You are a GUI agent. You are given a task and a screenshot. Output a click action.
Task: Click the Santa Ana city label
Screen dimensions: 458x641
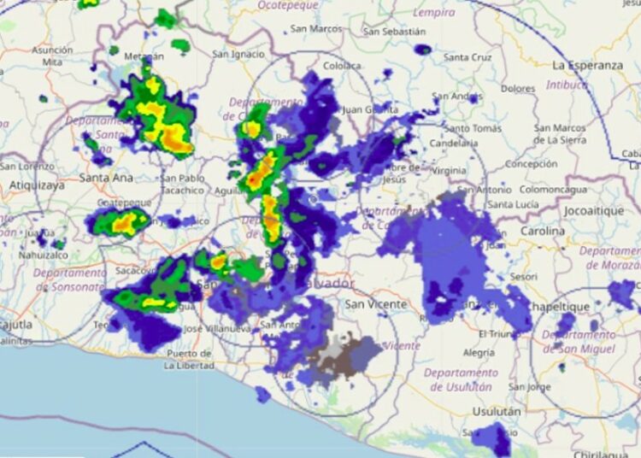pos(106,178)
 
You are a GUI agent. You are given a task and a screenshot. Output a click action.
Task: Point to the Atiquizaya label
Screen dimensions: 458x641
pos(37,185)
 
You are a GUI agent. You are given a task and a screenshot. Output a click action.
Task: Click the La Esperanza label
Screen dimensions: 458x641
pos(587,65)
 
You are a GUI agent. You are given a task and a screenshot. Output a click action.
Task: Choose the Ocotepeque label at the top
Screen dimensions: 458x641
pos(290,5)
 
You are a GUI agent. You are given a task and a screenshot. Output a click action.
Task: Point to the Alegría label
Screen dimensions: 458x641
pos(478,352)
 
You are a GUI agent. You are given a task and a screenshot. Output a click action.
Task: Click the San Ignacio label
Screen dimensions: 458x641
pos(238,54)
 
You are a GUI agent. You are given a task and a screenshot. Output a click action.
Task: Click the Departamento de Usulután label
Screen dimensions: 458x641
pos(460,379)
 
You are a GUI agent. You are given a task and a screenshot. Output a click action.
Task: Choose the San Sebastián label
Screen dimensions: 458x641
pos(394,32)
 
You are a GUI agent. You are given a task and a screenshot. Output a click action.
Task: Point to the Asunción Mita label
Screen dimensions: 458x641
pos(52,56)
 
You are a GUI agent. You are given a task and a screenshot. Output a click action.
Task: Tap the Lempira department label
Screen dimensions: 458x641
pos(433,13)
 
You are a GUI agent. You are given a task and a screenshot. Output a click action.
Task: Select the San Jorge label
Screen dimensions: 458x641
pos(530,387)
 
